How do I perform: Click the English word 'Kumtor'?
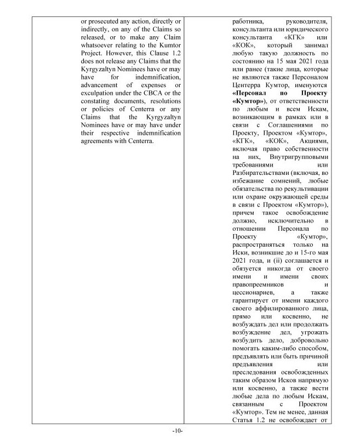click(x=165, y=51)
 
